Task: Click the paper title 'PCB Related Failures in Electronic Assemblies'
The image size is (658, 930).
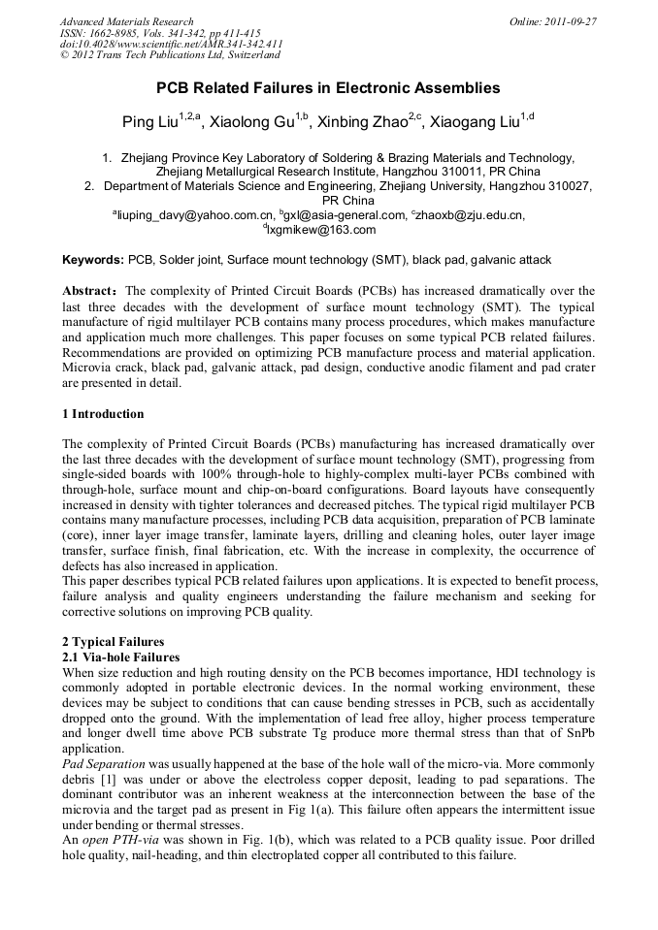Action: (x=328, y=88)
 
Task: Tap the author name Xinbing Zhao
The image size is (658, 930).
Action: (x=356, y=121)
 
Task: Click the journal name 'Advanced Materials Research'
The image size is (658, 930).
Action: (x=126, y=21)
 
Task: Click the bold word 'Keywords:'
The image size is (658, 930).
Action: (x=93, y=260)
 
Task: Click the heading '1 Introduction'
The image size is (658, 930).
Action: (x=104, y=414)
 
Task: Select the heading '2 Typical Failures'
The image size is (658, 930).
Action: (x=113, y=642)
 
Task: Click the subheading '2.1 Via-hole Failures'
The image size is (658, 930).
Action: (x=120, y=657)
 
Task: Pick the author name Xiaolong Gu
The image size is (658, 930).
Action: (x=255, y=121)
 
